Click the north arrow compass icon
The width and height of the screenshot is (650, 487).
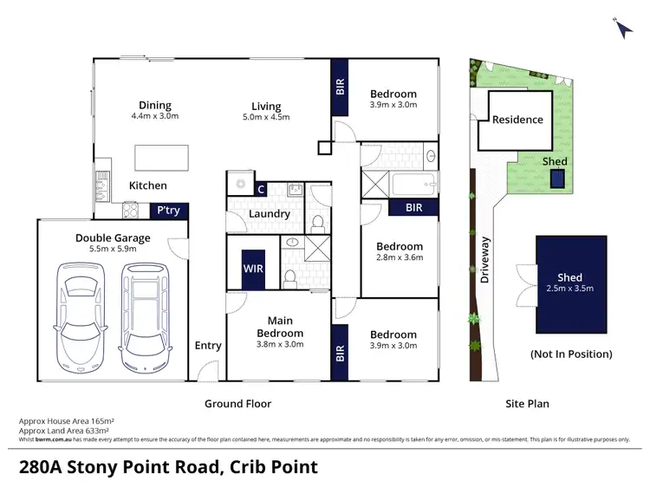pos(623,27)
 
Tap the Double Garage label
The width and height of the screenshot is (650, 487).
pos(113,237)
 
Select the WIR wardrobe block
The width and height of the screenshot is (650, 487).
pos(253,269)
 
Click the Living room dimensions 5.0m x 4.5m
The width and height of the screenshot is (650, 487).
pos(267,117)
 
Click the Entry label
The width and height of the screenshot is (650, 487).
pos(208,346)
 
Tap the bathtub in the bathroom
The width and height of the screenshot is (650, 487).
pos(413,185)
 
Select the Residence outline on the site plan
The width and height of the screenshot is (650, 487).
pos(517,120)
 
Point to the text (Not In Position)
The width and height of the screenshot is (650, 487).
pos(570,354)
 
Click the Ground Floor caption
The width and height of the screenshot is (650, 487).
pos(237,404)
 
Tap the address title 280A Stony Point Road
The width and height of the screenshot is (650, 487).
pos(168,467)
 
